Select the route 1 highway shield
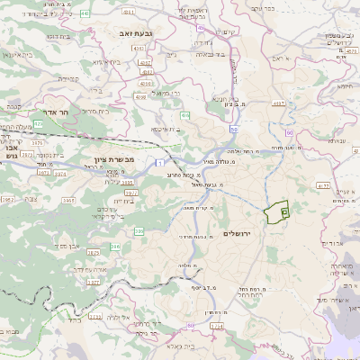point(158,163)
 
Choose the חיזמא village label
point(342,87)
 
